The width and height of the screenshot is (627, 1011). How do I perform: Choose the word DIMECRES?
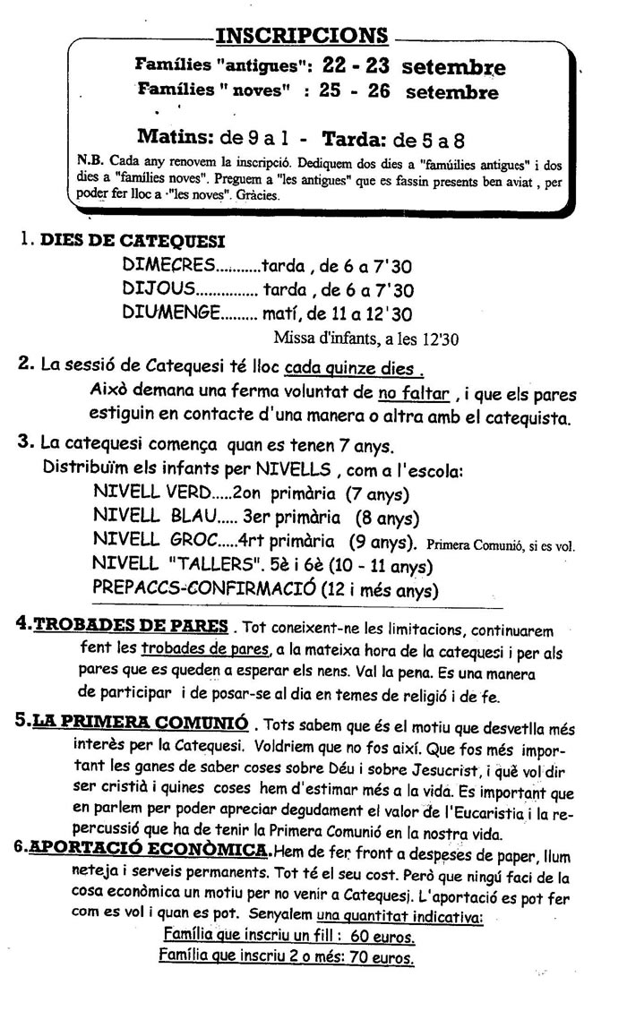tap(167, 265)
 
